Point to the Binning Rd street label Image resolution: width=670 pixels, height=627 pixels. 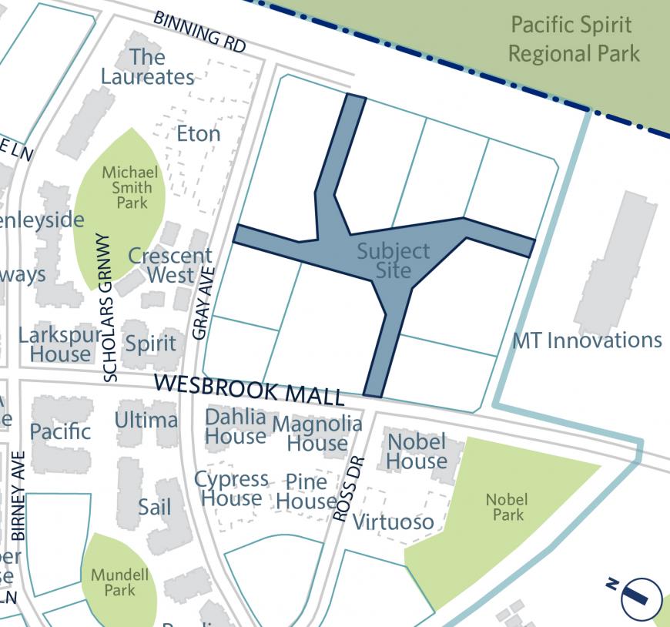199,32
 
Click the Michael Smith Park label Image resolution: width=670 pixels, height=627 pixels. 129,187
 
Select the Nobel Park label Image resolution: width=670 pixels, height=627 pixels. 506,507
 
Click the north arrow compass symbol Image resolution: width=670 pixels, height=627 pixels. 641,597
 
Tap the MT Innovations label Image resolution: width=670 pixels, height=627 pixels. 587,340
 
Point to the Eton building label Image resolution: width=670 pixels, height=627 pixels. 198,134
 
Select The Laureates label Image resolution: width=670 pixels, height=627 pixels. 147,67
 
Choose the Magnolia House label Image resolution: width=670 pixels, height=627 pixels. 317,433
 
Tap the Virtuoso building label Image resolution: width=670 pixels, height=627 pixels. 393,521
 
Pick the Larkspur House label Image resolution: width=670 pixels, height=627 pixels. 60,344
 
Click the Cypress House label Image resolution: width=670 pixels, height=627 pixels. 231,488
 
